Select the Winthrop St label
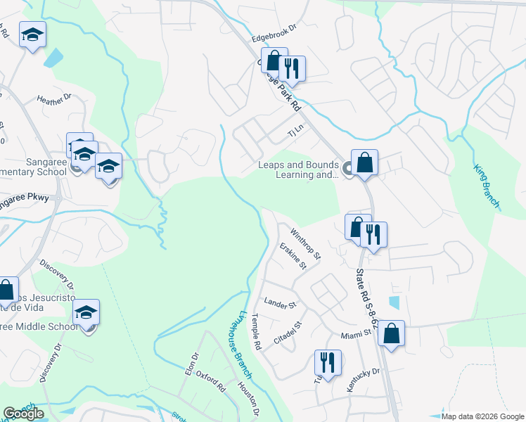click(305, 242)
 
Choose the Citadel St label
click(288, 333)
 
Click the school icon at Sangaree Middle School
click(86, 312)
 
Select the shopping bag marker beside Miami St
click(392, 333)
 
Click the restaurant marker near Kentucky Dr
click(328, 362)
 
